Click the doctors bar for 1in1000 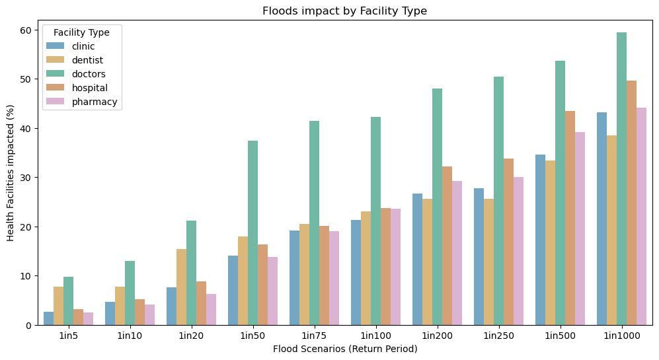pos(621,178)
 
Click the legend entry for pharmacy pos(95,102)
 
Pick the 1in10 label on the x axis pos(130,336)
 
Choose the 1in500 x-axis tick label pos(560,336)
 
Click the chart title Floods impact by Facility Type pos(345,11)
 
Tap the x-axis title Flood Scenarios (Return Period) pos(345,349)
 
